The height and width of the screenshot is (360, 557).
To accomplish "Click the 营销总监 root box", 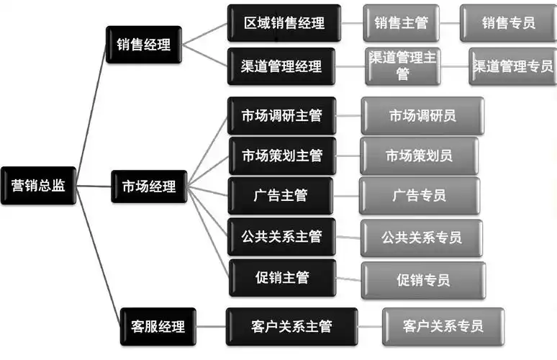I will point(39,186).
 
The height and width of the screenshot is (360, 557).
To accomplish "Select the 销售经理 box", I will point(143,45).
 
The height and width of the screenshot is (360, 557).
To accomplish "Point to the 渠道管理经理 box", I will point(281,67).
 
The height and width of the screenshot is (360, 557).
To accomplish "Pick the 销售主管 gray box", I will point(401,23).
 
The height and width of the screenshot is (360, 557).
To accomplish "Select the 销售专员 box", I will point(508,23).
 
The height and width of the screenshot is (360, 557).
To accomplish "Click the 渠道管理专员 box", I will point(512,66).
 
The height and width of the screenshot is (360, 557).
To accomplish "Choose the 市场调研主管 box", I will point(281,115).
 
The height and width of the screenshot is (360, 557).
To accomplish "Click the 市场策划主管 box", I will point(281,156).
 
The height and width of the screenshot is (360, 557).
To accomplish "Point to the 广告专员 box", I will point(420,195).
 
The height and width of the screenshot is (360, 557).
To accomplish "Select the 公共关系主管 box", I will point(281,236).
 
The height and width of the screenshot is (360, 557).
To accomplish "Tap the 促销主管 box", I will point(281,277).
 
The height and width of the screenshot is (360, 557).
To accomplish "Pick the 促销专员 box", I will point(422,280).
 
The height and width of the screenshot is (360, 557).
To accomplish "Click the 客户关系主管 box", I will point(281,326).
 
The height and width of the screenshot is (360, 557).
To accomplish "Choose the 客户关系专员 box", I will point(443,326).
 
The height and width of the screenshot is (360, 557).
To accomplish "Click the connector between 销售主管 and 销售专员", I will point(450,23).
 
